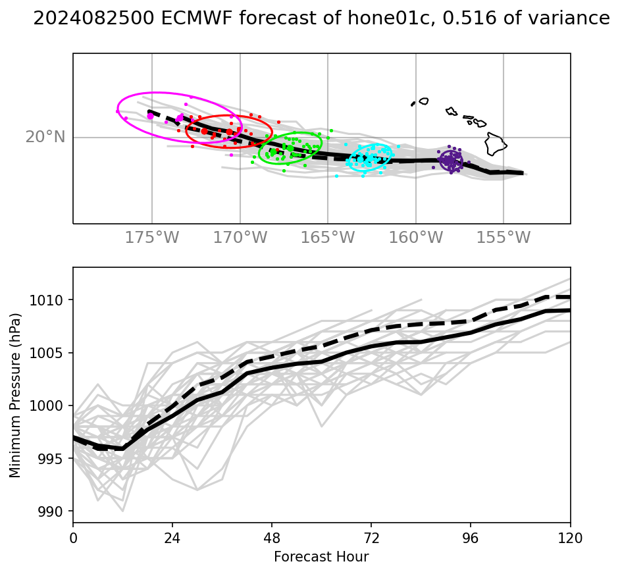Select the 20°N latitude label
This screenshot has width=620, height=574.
(x=45, y=137)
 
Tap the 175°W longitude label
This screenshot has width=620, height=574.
(x=151, y=238)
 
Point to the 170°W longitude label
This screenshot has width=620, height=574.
(x=240, y=238)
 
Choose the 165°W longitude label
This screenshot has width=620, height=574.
(x=328, y=238)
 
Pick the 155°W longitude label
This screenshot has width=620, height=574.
(x=504, y=238)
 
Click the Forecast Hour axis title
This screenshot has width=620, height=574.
(x=321, y=557)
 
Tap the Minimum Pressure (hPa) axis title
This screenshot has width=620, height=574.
(x=15, y=395)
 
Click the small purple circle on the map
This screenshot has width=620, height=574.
(x=451, y=161)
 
